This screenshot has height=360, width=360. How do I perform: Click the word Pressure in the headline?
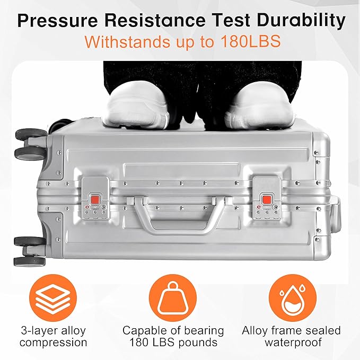(57, 21)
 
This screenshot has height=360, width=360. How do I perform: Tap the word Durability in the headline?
(301, 20)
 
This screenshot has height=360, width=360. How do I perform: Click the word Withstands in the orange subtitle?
(128, 41)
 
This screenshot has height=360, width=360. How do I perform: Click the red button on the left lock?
(95, 199)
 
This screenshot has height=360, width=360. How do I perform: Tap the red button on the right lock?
(266, 199)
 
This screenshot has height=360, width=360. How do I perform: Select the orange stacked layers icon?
(53, 298)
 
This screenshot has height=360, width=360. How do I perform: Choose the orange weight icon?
(173, 298)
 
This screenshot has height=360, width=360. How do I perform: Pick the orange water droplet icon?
(293, 298)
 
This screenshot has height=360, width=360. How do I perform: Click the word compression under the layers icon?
(53, 343)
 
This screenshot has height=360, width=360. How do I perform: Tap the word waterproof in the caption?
(293, 343)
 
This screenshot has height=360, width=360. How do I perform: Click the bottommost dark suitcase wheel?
(30, 261)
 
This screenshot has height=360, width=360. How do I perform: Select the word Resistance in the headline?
(155, 21)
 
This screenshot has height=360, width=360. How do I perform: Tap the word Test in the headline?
(231, 21)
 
